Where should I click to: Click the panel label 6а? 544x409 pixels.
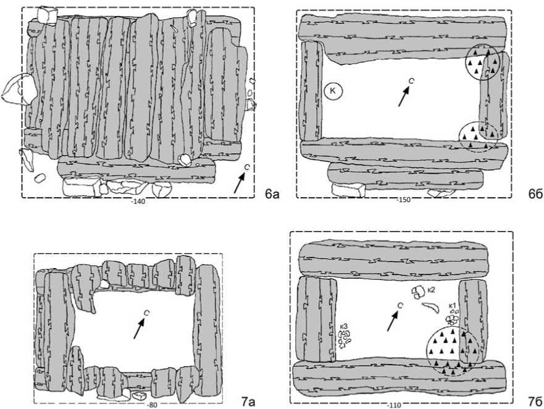272,195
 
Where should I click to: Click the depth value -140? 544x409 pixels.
138,202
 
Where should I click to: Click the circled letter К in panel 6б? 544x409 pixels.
334,91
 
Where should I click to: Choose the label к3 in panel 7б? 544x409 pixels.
343,326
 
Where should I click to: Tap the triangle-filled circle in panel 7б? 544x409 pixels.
452,350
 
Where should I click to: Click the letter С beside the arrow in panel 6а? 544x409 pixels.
246,167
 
